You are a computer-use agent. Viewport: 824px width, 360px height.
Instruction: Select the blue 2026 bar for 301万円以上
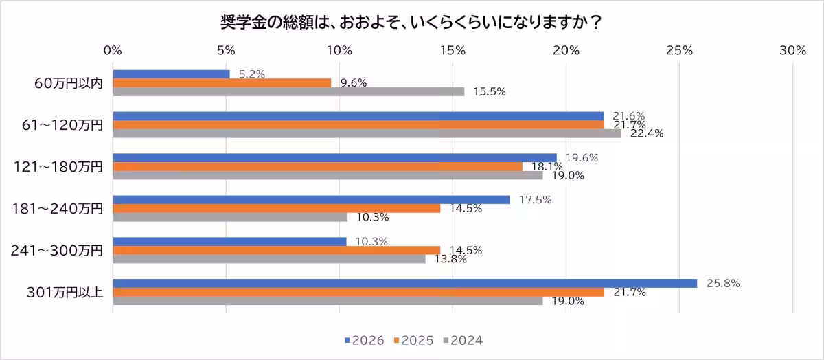tap(404, 283)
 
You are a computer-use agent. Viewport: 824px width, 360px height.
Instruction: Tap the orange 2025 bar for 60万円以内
tap(222, 82)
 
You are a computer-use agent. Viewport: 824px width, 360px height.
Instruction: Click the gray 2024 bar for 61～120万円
tap(366, 133)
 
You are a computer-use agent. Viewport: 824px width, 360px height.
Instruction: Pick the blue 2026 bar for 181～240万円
tap(311, 199)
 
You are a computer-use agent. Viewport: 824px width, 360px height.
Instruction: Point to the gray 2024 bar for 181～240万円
tap(229, 217)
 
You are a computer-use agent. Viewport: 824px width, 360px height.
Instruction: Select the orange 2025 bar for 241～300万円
tap(277, 250)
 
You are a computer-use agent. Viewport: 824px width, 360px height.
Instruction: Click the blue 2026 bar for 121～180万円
tap(334, 157)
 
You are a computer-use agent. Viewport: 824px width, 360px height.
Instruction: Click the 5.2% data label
tap(252, 74)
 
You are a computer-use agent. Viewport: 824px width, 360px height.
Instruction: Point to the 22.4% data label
tap(648, 134)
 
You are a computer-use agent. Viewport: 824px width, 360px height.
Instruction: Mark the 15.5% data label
tap(490, 92)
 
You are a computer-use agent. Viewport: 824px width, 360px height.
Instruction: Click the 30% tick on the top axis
tap(792, 50)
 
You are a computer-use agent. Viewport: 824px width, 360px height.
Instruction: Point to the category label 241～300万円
tap(57, 250)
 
